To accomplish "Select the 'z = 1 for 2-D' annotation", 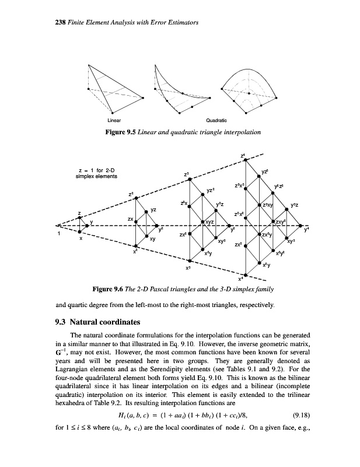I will tap(96, 170).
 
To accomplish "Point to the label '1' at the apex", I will tap(58, 234).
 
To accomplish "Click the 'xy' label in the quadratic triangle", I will tap(152, 239).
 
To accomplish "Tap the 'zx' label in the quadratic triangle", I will tap(131, 218).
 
